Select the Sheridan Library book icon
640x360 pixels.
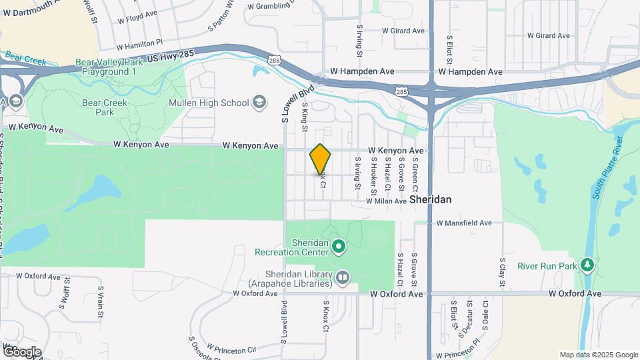(343, 276)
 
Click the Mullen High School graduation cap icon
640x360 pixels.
(259, 103)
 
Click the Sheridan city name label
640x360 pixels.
(431, 199)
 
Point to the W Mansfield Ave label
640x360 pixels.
(464, 223)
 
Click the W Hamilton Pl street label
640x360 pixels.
(140, 45)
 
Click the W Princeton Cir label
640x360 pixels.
(231, 349)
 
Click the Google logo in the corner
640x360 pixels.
(21, 352)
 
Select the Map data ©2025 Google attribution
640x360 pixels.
(598, 355)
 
